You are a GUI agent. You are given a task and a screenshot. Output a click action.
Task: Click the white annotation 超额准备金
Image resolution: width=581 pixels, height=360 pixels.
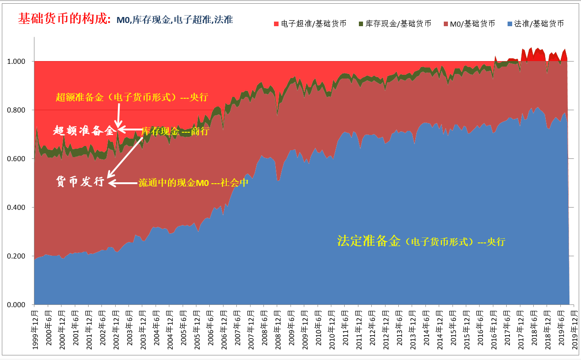83,131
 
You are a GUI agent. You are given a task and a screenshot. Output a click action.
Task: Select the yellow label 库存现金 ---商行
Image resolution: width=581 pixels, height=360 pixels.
175,131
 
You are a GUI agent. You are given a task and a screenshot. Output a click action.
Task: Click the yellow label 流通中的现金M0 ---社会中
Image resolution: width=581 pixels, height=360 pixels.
193,183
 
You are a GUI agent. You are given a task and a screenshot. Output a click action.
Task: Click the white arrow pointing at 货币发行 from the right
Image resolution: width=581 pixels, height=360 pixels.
123,183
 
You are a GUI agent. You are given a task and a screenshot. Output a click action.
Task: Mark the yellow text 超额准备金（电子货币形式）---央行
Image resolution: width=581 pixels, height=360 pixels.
132,97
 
